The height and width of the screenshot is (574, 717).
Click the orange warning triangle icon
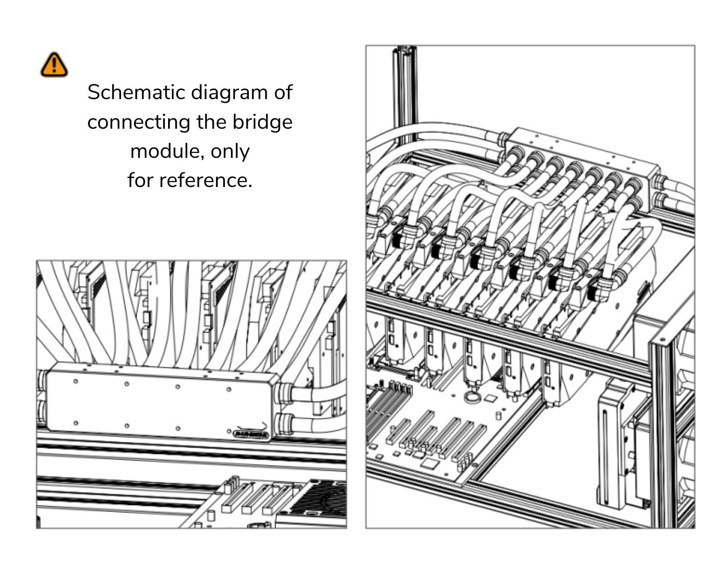coord(54,65)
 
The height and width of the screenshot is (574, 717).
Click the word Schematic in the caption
coord(136,92)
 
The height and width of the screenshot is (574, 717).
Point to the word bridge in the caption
coord(262,122)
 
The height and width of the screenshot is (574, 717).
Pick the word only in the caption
coord(230,151)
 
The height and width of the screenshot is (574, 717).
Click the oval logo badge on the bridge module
coord(251,434)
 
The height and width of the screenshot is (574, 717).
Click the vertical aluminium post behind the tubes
coord(405,94)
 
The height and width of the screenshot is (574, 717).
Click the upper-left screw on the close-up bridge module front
coord(75,381)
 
